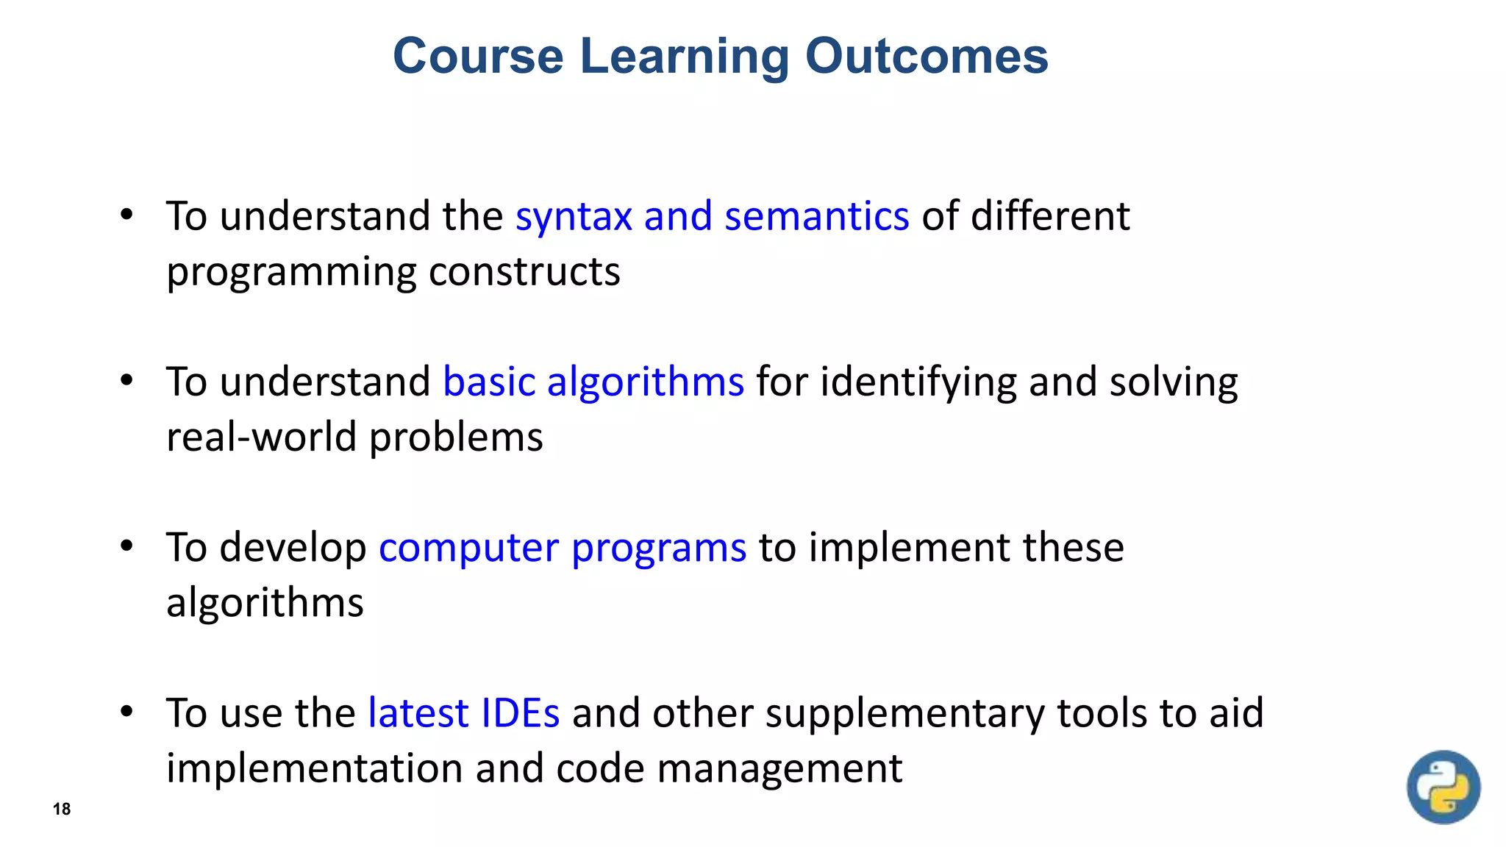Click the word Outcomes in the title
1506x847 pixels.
pos(926,56)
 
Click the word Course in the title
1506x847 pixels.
pos(478,56)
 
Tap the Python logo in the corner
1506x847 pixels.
pos(1443,787)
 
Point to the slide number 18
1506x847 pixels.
pos(62,809)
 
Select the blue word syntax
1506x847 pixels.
pos(574,217)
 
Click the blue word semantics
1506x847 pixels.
pos(816,217)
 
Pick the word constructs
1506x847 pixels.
pos(524,272)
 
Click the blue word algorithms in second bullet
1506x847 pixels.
pos(645,382)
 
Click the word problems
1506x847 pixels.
pos(456,438)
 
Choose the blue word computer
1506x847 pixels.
pos(468,548)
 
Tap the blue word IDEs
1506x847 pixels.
pos(520,713)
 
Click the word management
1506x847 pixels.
pos(779,769)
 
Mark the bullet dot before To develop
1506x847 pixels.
pos(126,546)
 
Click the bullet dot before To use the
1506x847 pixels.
pos(126,712)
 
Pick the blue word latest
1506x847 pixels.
pos(418,713)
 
